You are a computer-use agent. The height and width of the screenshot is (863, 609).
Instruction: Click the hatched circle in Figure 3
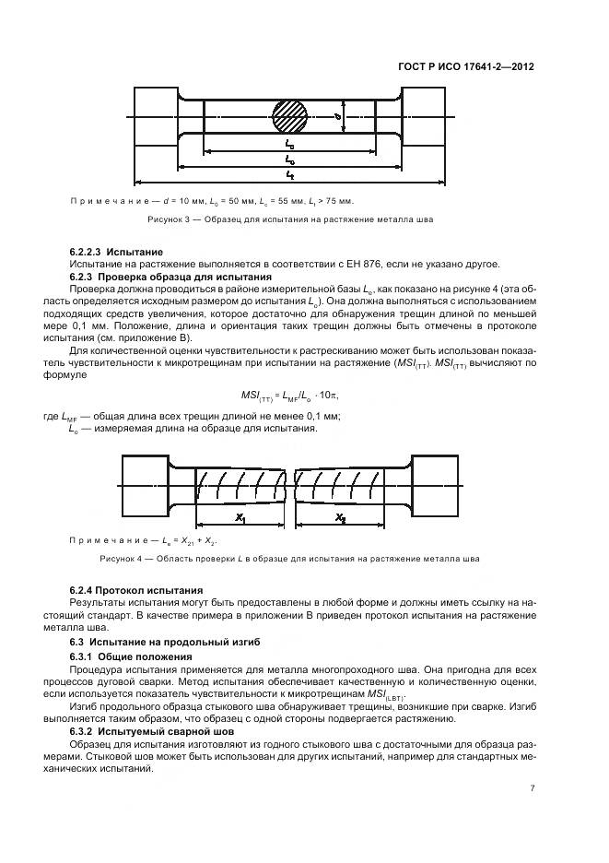click(289, 117)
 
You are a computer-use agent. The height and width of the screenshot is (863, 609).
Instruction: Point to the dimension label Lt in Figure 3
click(290, 172)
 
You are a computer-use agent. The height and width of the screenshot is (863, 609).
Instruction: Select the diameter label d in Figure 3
click(340, 117)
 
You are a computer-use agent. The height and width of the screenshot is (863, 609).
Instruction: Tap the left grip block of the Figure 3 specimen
click(157, 117)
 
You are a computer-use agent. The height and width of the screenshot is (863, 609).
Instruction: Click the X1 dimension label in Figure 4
click(240, 517)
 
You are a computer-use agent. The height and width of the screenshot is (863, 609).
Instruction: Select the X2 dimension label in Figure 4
click(341, 517)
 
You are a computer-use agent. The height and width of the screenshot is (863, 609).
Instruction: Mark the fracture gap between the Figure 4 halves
click(289, 484)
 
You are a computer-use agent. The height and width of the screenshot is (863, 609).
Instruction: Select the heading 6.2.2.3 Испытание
click(116, 252)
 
